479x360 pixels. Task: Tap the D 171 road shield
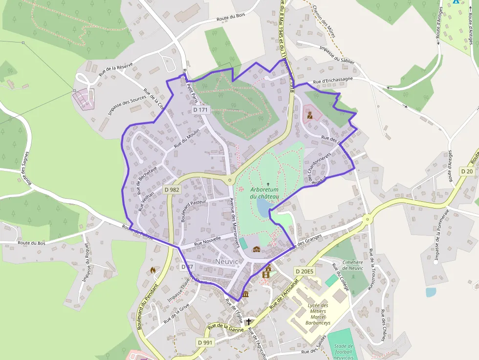click(x=200, y=110)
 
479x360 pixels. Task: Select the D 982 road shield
click(x=172, y=190)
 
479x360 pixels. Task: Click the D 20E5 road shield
click(x=305, y=271)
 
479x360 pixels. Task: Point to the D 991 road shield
click(x=206, y=342)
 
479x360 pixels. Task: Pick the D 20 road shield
click(x=467, y=171)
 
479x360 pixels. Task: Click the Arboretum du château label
click(x=264, y=193)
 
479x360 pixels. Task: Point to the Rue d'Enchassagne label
click(x=333, y=81)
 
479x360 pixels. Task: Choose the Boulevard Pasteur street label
click(x=194, y=210)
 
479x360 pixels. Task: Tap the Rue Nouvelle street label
click(x=207, y=240)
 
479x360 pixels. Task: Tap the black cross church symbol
click(x=250, y=322)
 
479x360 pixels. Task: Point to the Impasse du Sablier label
click(x=336, y=54)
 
